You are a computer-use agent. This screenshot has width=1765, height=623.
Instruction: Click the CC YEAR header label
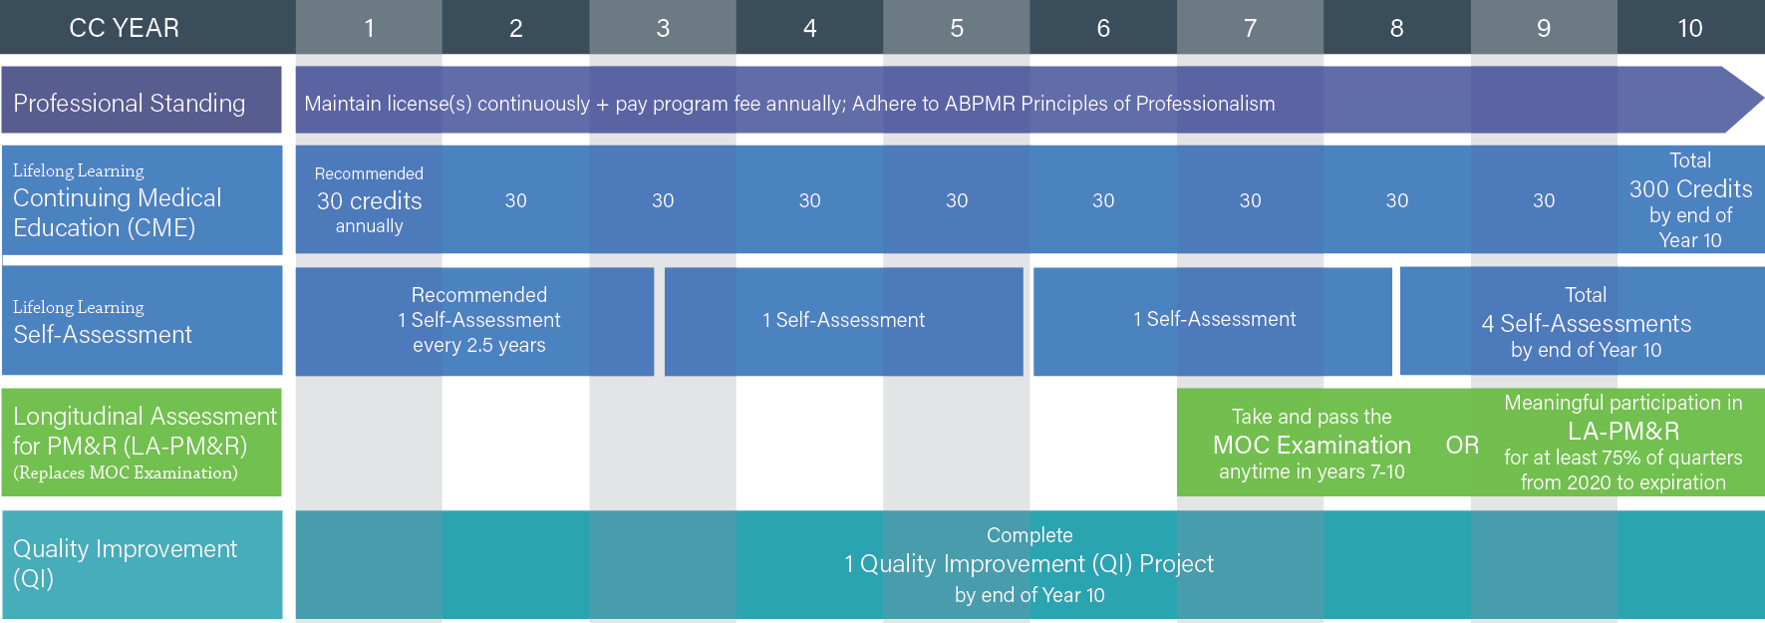pos(125,28)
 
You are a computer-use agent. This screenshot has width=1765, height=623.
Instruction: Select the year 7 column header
pos(1250,28)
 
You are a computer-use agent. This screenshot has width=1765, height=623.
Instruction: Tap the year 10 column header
pos(1690,28)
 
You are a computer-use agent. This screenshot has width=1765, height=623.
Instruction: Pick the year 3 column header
pos(663,28)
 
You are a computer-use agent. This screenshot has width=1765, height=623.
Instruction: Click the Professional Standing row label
pos(130,103)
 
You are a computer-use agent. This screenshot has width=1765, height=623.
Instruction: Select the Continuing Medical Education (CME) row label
pos(118,212)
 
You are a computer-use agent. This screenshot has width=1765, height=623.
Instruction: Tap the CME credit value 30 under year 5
pos(957,200)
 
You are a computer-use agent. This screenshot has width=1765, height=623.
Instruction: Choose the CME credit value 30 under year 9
pos(1544,200)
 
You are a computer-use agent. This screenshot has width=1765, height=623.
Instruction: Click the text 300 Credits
pos(1690,189)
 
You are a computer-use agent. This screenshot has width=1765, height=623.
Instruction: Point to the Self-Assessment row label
pos(103,334)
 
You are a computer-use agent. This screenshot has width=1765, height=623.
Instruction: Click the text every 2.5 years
pos(479,345)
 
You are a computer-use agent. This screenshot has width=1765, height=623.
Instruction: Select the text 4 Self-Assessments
pos(1586,324)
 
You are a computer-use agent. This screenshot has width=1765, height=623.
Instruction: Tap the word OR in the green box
pos(1462,445)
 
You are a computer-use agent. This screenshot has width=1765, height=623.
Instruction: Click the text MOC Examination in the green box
pos(1312,445)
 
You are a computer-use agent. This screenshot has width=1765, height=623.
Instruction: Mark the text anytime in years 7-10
pos(1312,471)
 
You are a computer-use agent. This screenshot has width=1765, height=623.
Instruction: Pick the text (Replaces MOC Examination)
pos(126,472)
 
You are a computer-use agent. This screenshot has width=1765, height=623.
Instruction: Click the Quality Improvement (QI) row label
pos(126,563)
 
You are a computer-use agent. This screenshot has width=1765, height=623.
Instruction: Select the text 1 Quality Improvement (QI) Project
pos(1030,564)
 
